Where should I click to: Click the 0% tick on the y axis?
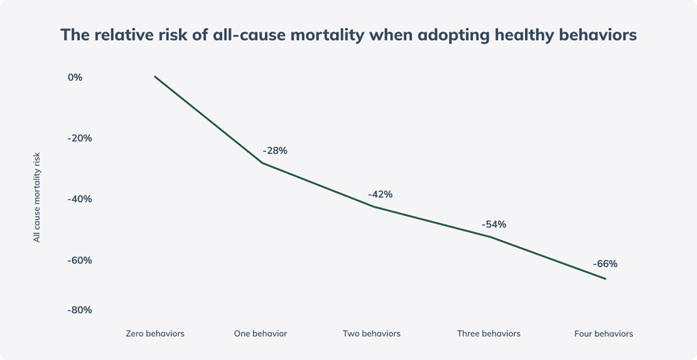[75, 77]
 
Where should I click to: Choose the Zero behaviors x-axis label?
[155, 334]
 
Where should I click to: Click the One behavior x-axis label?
[260, 334]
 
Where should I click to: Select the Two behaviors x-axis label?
[372, 334]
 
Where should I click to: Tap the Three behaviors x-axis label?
[488, 334]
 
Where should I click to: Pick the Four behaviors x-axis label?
[604, 334]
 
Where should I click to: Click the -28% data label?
[275, 150]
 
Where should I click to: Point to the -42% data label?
[380, 194]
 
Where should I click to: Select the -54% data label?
[493, 225]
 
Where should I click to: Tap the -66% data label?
[605, 263]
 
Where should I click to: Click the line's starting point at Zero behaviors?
[155, 77]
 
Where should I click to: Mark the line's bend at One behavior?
[261, 163]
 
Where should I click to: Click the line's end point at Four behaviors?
[606, 279]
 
